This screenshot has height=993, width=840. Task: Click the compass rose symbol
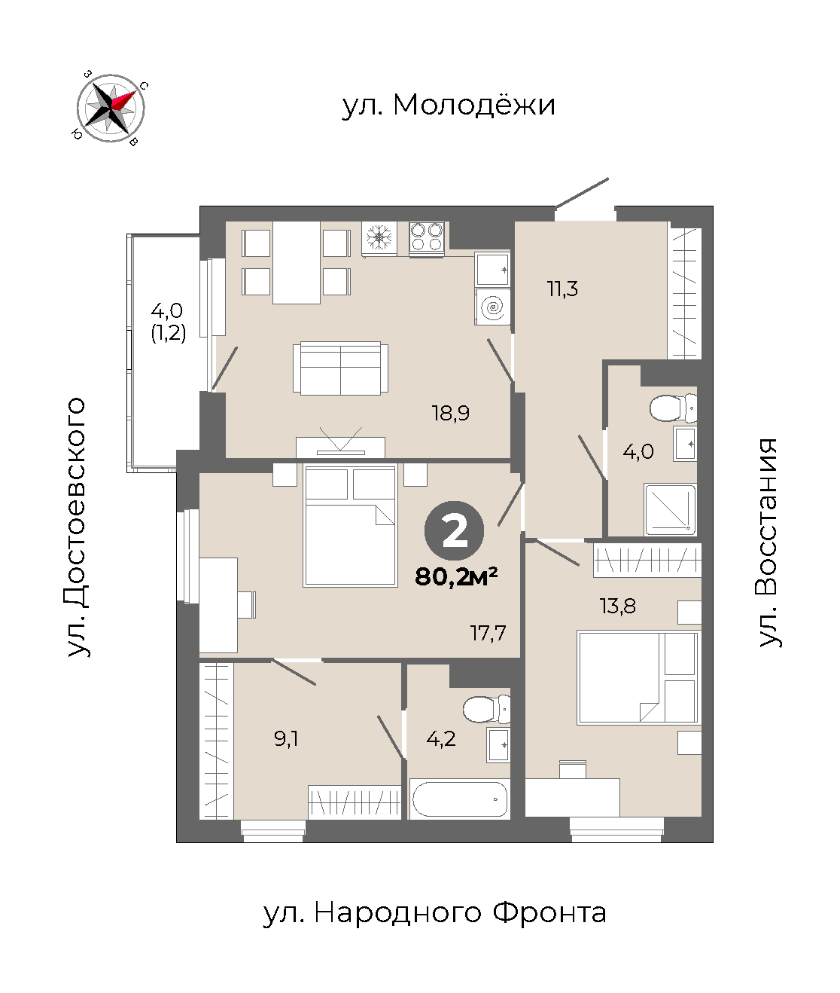tap(111, 108)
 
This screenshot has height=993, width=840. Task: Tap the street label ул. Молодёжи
tap(449, 105)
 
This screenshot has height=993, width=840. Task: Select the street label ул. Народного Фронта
tap(434, 913)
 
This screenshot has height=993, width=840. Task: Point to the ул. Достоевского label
tap(76, 527)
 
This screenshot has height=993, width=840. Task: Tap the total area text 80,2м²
tap(455, 577)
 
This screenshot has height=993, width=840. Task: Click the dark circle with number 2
tap(454, 531)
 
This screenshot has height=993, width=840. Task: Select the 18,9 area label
tap(451, 413)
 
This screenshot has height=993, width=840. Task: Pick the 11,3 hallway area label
tap(562, 289)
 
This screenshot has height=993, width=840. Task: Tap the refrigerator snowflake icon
tap(379, 237)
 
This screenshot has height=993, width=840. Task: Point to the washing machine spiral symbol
tap(492, 307)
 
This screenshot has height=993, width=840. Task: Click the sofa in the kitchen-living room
tap(340, 368)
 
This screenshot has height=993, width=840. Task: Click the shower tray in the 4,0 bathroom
tap(670, 509)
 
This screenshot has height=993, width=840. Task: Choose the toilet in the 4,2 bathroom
tap(486, 709)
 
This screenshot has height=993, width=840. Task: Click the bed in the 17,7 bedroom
tap(350, 525)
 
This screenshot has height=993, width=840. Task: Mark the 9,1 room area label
tap(286, 738)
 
